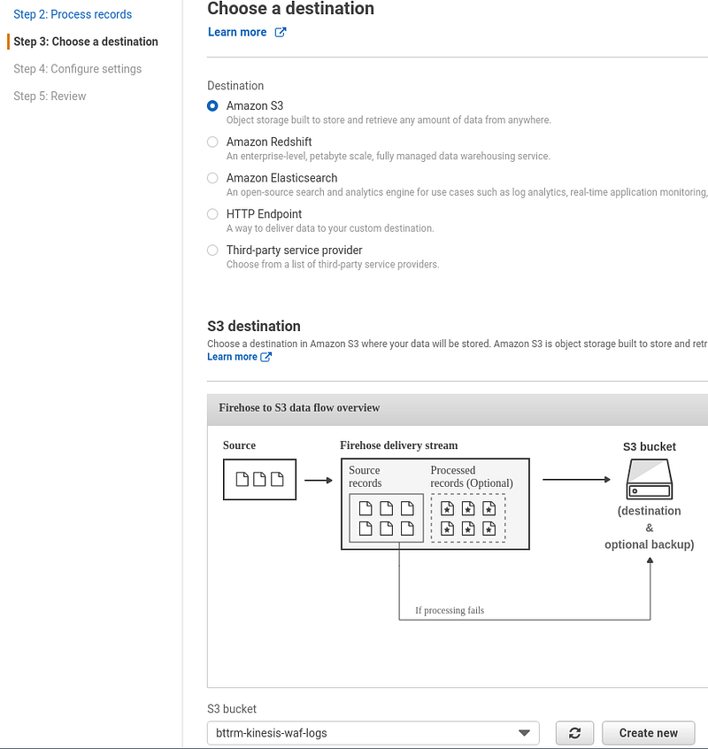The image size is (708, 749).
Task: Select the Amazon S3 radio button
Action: [212, 105]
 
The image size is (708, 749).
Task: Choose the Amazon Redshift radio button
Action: [212, 142]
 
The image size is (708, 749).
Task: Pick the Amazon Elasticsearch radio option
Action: [212, 178]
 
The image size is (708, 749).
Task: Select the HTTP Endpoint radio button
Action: [212, 214]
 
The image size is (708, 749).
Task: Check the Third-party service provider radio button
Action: [212, 251]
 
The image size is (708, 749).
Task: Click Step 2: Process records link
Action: [73, 14]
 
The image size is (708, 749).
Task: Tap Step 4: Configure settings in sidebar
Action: [77, 69]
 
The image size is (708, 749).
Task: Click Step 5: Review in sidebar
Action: [50, 96]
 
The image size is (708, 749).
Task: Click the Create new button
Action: [649, 733]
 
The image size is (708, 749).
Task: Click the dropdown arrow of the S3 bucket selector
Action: [524, 733]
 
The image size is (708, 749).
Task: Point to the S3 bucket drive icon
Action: [650, 479]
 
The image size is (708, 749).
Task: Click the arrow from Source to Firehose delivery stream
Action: [319, 480]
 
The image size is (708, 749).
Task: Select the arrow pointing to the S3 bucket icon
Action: [577, 479]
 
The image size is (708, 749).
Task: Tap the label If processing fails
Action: [450, 610]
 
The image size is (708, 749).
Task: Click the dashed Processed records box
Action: [468, 518]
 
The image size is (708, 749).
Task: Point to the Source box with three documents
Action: [259, 480]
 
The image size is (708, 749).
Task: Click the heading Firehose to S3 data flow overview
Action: [299, 407]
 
